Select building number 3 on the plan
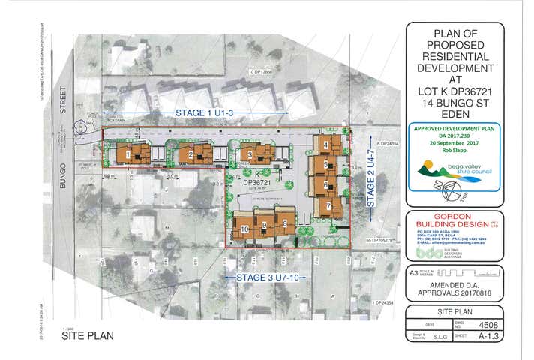(x=250, y=155)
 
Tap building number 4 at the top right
(x=326, y=145)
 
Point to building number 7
(x=328, y=205)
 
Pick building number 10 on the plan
(x=244, y=229)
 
